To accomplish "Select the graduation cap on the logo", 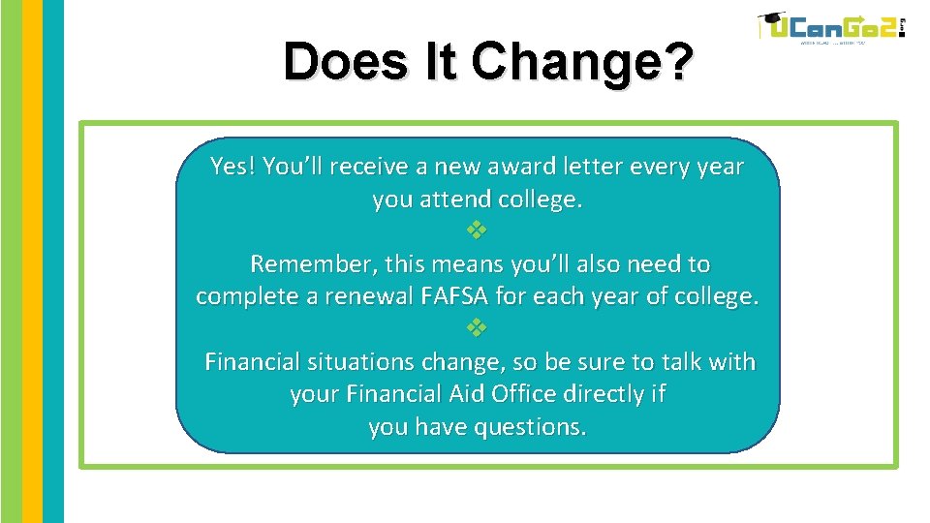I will tap(771, 19).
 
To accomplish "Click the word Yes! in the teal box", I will tap(232, 167).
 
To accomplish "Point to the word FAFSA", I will tap(457, 296).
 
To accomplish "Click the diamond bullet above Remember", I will tap(477, 231).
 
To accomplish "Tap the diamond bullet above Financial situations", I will tap(477, 328).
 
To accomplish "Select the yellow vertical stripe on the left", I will tap(33, 261).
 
